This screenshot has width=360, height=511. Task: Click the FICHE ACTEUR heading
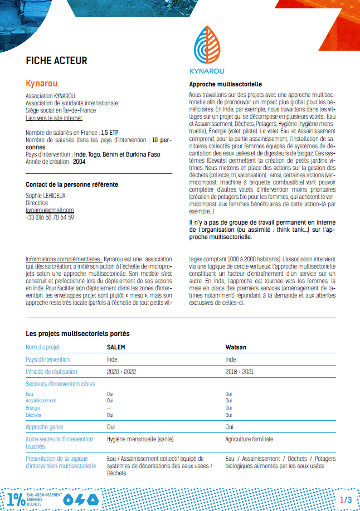[x=56, y=61]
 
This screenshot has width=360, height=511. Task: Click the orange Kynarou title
[x=42, y=84]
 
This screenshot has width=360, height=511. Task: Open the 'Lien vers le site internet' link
[x=54, y=118]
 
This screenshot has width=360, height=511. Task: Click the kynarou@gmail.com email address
[x=50, y=211]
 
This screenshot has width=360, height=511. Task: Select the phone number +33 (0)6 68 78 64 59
[x=50, y=217]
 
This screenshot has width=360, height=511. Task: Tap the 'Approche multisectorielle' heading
[x=222, y=84]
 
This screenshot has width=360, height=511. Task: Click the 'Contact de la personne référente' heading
[x=72, y=184]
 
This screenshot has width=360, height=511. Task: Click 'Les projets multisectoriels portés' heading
[x=77, y=334]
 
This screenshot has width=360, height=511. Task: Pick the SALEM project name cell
[x=116, y=347]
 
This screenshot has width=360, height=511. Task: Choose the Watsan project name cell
[x=236, y=347]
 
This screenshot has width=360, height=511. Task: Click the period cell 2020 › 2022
[x=121, y=371]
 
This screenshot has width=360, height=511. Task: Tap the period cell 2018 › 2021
[x=240, y=371]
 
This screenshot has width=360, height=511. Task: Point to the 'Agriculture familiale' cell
[x=249, y=439]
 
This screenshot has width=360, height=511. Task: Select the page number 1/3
[x=346, y=500]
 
